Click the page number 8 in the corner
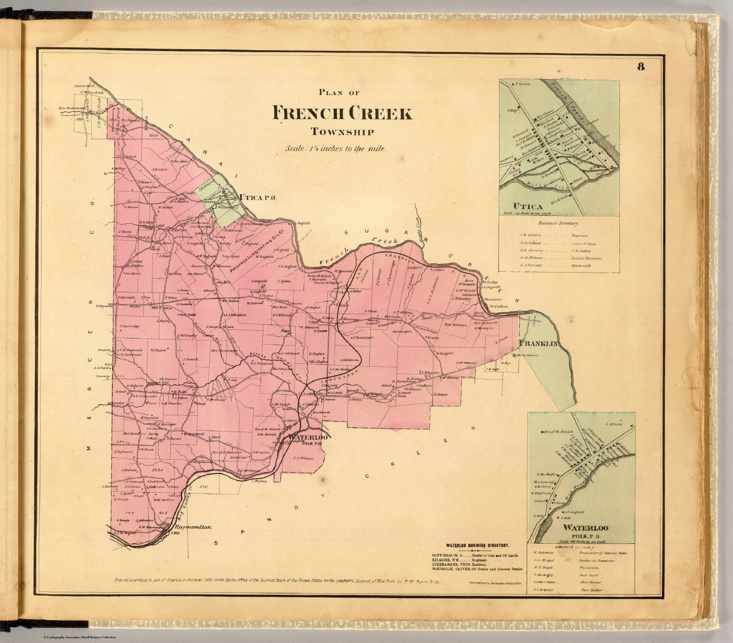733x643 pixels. [640, 67]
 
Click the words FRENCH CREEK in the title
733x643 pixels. [342, 114]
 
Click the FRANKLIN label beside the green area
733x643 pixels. [538, 344]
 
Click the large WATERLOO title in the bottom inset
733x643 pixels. [586, 528]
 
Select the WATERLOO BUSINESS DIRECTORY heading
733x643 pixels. [477, 545]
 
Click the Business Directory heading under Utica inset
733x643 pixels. [558, 223]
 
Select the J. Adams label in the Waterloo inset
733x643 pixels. [614, 423]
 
